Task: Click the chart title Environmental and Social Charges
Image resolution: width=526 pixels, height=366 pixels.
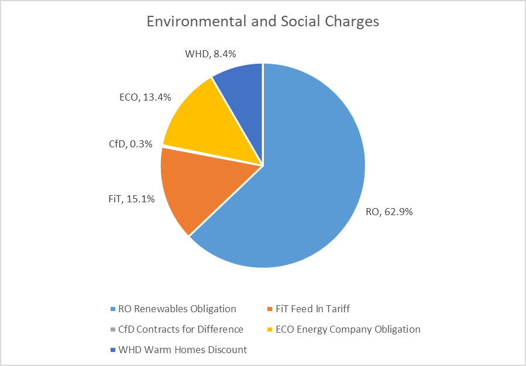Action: [x=263, y=21]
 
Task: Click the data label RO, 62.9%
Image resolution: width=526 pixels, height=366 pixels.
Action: [x=390, y=212]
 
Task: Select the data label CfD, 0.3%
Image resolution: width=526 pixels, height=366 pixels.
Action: [x=129, y=144]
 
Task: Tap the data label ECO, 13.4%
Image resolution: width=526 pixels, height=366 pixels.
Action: [x=141, y=97]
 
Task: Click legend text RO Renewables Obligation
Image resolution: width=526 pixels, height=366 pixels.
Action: [x=177, y=309]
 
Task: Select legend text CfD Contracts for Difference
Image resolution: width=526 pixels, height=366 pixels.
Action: [x=181, y=329]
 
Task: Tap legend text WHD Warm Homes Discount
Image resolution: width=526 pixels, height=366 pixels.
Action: [x=183, y=350]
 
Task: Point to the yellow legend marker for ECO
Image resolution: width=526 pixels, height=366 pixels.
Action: [x=269, y=330]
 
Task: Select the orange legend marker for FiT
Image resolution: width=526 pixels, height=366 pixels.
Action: [x=269, y=309]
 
